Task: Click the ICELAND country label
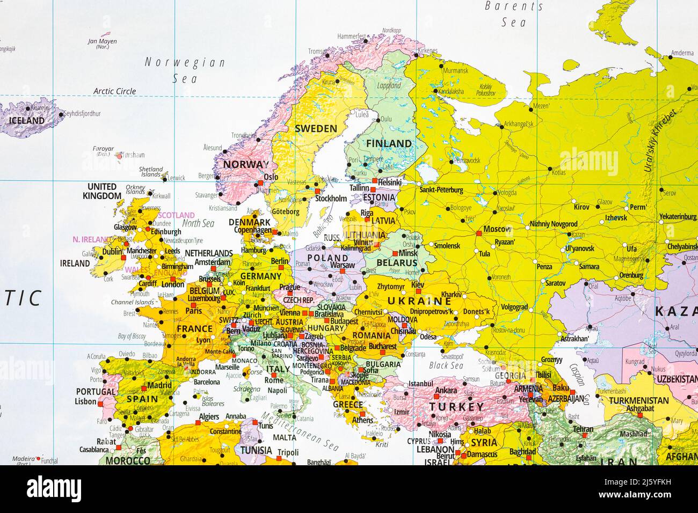pyautogui.click(x=27, y=121)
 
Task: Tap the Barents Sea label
pyautogui.click(x=513, y=14)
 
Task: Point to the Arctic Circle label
pyautogui.click(x=114, y=91)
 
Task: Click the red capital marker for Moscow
pyautogui.click(x=478, y=233)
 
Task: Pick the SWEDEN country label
pyautogui.click(x=316, y=129)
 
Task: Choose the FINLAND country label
pyautogui.click(x=389, y=143)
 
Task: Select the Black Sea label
pyautogui.click(x=446, y=365)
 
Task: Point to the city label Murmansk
pyautogui.click(x=455, y=70)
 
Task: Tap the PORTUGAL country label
pyautogui.click(x=96, y=392)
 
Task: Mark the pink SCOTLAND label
pyautogui.click(x=176, y=215)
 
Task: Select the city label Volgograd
pyautogui.click(x=514, y=307)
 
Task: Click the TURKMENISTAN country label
pyautogui.click(x=639, y=400)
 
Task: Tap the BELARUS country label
pyautogui.click(x=397, y=263)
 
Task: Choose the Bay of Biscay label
pyautogui.click(x=132, y=336)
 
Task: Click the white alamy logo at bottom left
pyautogui.click(x=54, y=488)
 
